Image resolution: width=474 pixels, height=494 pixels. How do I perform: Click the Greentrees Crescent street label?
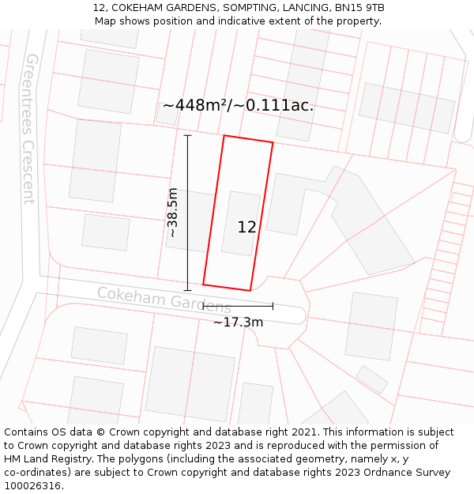click(x=30, y=129)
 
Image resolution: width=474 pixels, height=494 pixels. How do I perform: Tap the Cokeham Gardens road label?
click(x=164, y=300)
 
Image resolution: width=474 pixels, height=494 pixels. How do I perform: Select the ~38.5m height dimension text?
click(x=172, y=213)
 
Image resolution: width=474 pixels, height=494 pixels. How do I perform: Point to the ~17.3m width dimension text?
click(x=238, y=322)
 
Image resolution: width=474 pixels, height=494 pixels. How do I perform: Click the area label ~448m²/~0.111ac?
click(x=238, y=105)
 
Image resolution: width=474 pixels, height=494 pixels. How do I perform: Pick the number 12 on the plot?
click(x=246, y=228)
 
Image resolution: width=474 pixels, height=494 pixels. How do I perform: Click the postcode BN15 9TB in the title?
click(x=359, y=8)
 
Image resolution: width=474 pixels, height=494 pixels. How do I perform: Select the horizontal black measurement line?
click(x=238, y=305)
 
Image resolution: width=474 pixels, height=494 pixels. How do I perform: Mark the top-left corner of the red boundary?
click(x=224, y=136)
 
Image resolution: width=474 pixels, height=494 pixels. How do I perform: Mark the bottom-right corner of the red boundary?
click(x=250, y=290)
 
